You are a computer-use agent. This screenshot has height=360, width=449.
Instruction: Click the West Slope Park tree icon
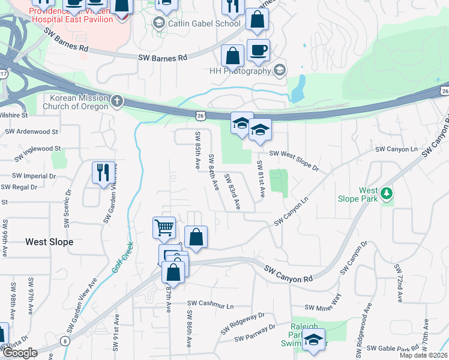(x=388, y=193)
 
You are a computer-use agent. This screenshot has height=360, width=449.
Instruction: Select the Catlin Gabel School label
(x=203, y=24)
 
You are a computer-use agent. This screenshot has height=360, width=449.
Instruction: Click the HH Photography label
(x=240, y=71)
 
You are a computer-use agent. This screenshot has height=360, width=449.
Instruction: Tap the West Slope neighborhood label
(x=49, y=242)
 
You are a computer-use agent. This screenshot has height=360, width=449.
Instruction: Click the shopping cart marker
(x=164, y=227)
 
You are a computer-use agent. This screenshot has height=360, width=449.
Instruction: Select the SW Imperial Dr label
(x=34, y=176)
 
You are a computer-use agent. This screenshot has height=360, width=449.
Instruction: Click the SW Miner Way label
(x=329, y=303)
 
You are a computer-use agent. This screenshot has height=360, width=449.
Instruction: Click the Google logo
(x=20, y=353)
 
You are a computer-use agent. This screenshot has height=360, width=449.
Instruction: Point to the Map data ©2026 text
(x=424, y=355)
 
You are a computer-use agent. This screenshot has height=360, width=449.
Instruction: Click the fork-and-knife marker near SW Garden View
(x=103, y=173)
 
